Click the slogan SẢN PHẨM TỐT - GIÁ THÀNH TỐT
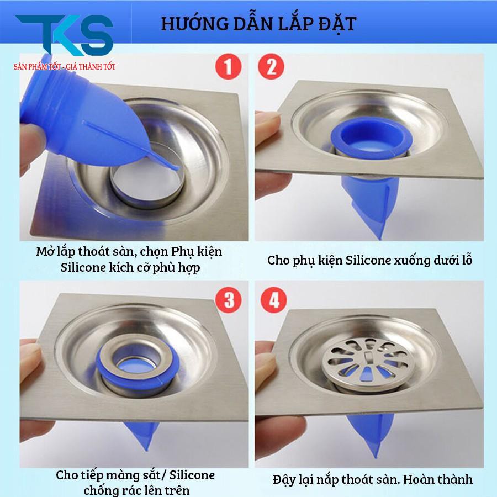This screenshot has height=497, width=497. [65, 66]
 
